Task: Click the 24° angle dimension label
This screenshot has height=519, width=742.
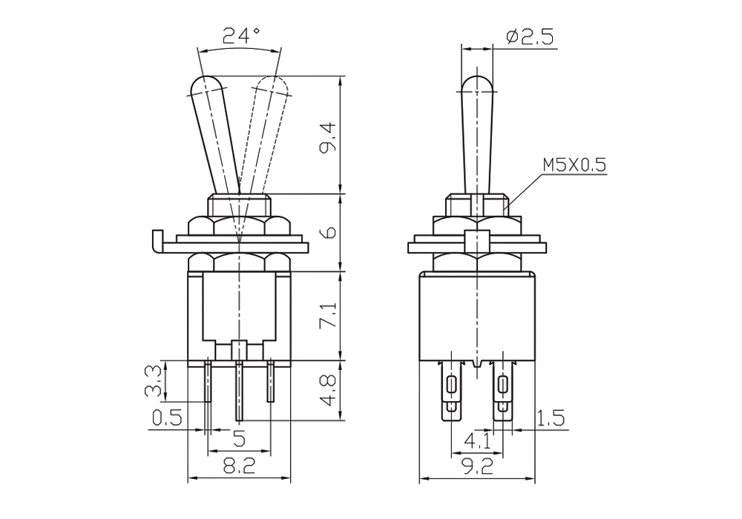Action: coord(241,36)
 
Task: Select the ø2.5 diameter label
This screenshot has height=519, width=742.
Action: coord(529,37)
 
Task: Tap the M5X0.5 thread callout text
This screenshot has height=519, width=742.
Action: coord(574,165)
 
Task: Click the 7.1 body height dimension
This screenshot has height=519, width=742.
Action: coord(329,315)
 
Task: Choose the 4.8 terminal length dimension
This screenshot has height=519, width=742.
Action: coord(328,391)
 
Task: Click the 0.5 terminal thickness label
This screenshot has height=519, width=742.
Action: coord(167,418)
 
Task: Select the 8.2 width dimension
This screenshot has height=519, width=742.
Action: coord(240,467)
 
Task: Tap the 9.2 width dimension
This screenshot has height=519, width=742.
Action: coord(478,467)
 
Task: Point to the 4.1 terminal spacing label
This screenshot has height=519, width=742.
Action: coord(478,441)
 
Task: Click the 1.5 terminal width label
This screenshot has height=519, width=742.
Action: coord(551,418)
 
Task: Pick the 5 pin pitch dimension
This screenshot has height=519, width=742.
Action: coord(240,439)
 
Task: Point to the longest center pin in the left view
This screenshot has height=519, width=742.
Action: coord(240,391)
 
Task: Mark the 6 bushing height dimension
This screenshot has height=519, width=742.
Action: coord(329,232)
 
